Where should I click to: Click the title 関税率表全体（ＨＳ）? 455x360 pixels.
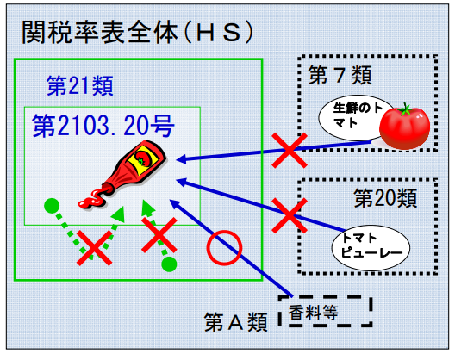point(138,32)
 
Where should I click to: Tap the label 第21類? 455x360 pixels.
point(80,85)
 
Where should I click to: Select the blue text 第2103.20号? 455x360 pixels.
point(103,126)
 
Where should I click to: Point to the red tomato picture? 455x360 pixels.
point(404,127)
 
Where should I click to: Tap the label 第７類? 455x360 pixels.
point(340,75)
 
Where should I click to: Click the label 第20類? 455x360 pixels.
point(385,198)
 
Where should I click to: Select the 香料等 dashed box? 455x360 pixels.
point(325,311)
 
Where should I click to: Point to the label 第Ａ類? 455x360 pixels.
point(235,322)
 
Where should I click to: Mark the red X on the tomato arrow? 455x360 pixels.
point(290,150)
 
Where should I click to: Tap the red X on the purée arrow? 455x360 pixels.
point(290,215)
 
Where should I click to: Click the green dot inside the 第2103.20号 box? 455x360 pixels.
point(52,206)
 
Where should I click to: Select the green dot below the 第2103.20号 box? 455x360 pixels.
point(169,264)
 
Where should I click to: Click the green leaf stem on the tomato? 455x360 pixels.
point(405,109)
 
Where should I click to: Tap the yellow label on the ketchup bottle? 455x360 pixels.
point(143,159)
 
